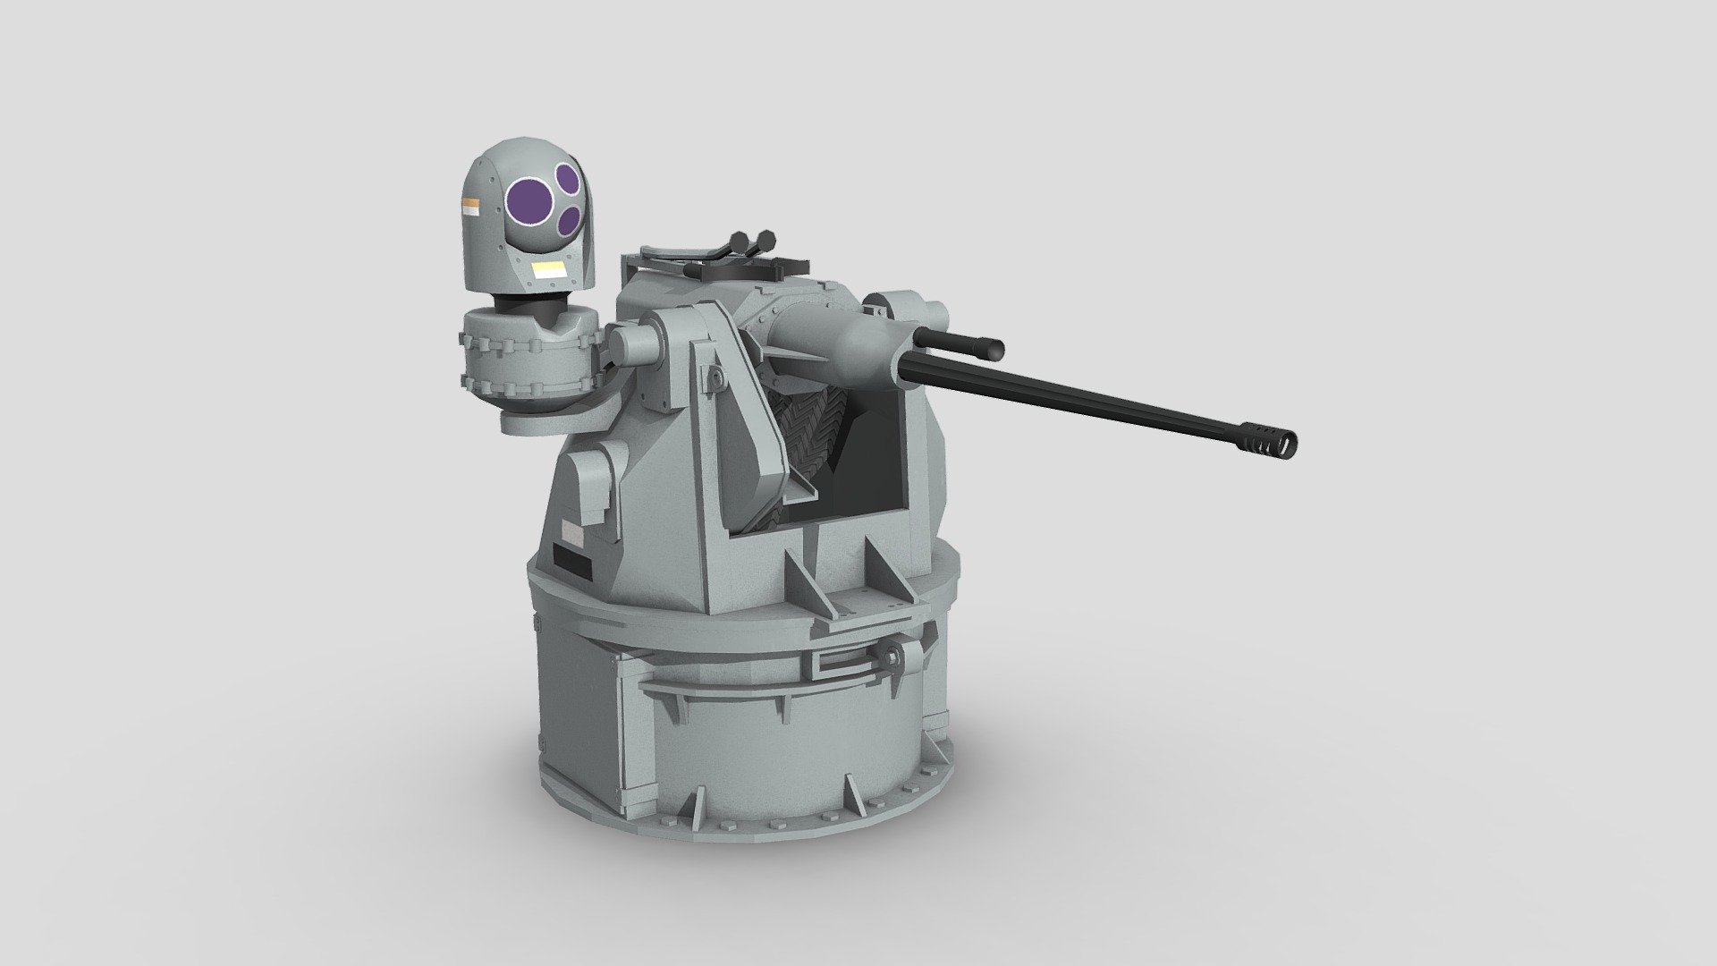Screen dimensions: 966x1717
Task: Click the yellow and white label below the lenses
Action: coord(548,270)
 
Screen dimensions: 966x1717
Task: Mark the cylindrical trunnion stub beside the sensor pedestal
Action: coord(632,342)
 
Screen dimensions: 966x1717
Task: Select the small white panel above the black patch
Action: coord(571,535)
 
